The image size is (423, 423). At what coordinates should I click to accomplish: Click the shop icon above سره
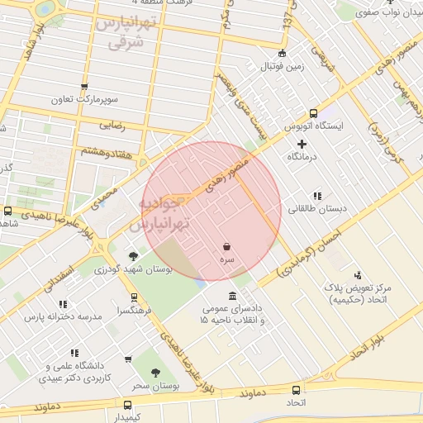coord(226,247)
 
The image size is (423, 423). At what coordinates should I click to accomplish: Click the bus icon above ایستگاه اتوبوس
coord(313,113)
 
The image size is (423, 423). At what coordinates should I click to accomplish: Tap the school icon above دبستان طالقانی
coord(316,196)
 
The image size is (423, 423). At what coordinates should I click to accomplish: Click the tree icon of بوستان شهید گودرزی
coord(134,256)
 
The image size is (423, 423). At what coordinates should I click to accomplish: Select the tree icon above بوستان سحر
coord(155,373)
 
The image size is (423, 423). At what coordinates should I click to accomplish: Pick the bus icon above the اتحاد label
coord(296,389)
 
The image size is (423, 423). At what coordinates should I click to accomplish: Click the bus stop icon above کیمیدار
coord(127,405)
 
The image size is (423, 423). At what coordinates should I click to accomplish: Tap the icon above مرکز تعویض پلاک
coord(358,275)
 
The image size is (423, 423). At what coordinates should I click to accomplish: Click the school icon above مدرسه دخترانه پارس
coord(64,303)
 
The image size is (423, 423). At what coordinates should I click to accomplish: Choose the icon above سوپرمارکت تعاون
coord(83,87)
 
